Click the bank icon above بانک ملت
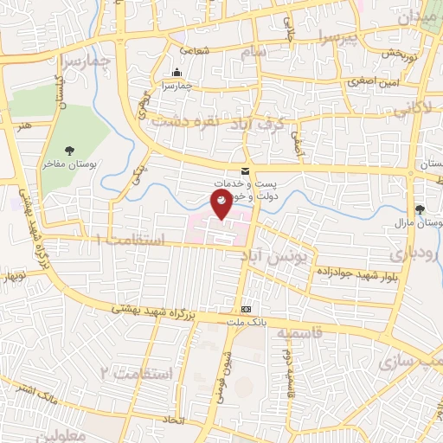click(247, 310)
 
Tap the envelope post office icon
click(245, 171)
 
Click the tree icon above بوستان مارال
click(421, 209)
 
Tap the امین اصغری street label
click(372, 83)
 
